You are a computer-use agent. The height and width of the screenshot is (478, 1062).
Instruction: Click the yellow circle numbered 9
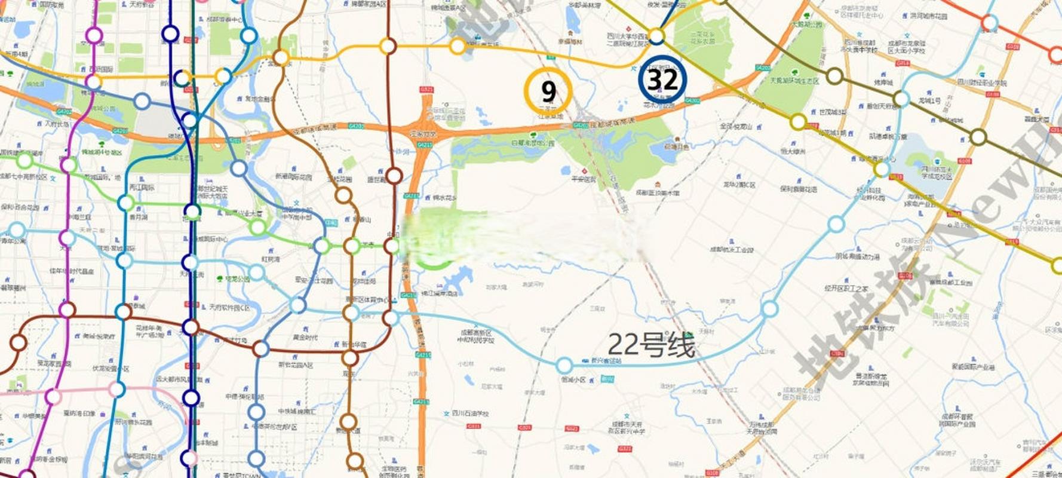[548, 91]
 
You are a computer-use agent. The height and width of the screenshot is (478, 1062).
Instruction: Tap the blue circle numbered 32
[662, 79]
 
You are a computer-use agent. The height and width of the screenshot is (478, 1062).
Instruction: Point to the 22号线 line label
[651, 345]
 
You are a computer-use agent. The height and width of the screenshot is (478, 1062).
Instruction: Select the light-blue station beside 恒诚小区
[564, 365]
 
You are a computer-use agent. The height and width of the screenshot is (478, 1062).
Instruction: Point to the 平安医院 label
[583, 179]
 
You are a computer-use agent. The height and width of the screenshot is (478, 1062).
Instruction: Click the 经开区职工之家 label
[846, 289]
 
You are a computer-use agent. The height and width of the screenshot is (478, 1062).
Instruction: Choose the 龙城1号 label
[929, 100]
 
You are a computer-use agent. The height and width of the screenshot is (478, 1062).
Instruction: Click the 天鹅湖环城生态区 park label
[794, 81]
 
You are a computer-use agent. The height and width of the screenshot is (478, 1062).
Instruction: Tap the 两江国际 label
[142, 188]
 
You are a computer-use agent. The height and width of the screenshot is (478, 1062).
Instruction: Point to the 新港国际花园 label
[293, 177]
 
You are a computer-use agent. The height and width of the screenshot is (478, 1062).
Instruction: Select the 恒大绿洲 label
[793, 152]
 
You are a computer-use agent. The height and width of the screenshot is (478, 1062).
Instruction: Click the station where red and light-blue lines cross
[990, 23]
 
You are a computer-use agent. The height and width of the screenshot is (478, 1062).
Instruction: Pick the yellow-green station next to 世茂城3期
[798, 122]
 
